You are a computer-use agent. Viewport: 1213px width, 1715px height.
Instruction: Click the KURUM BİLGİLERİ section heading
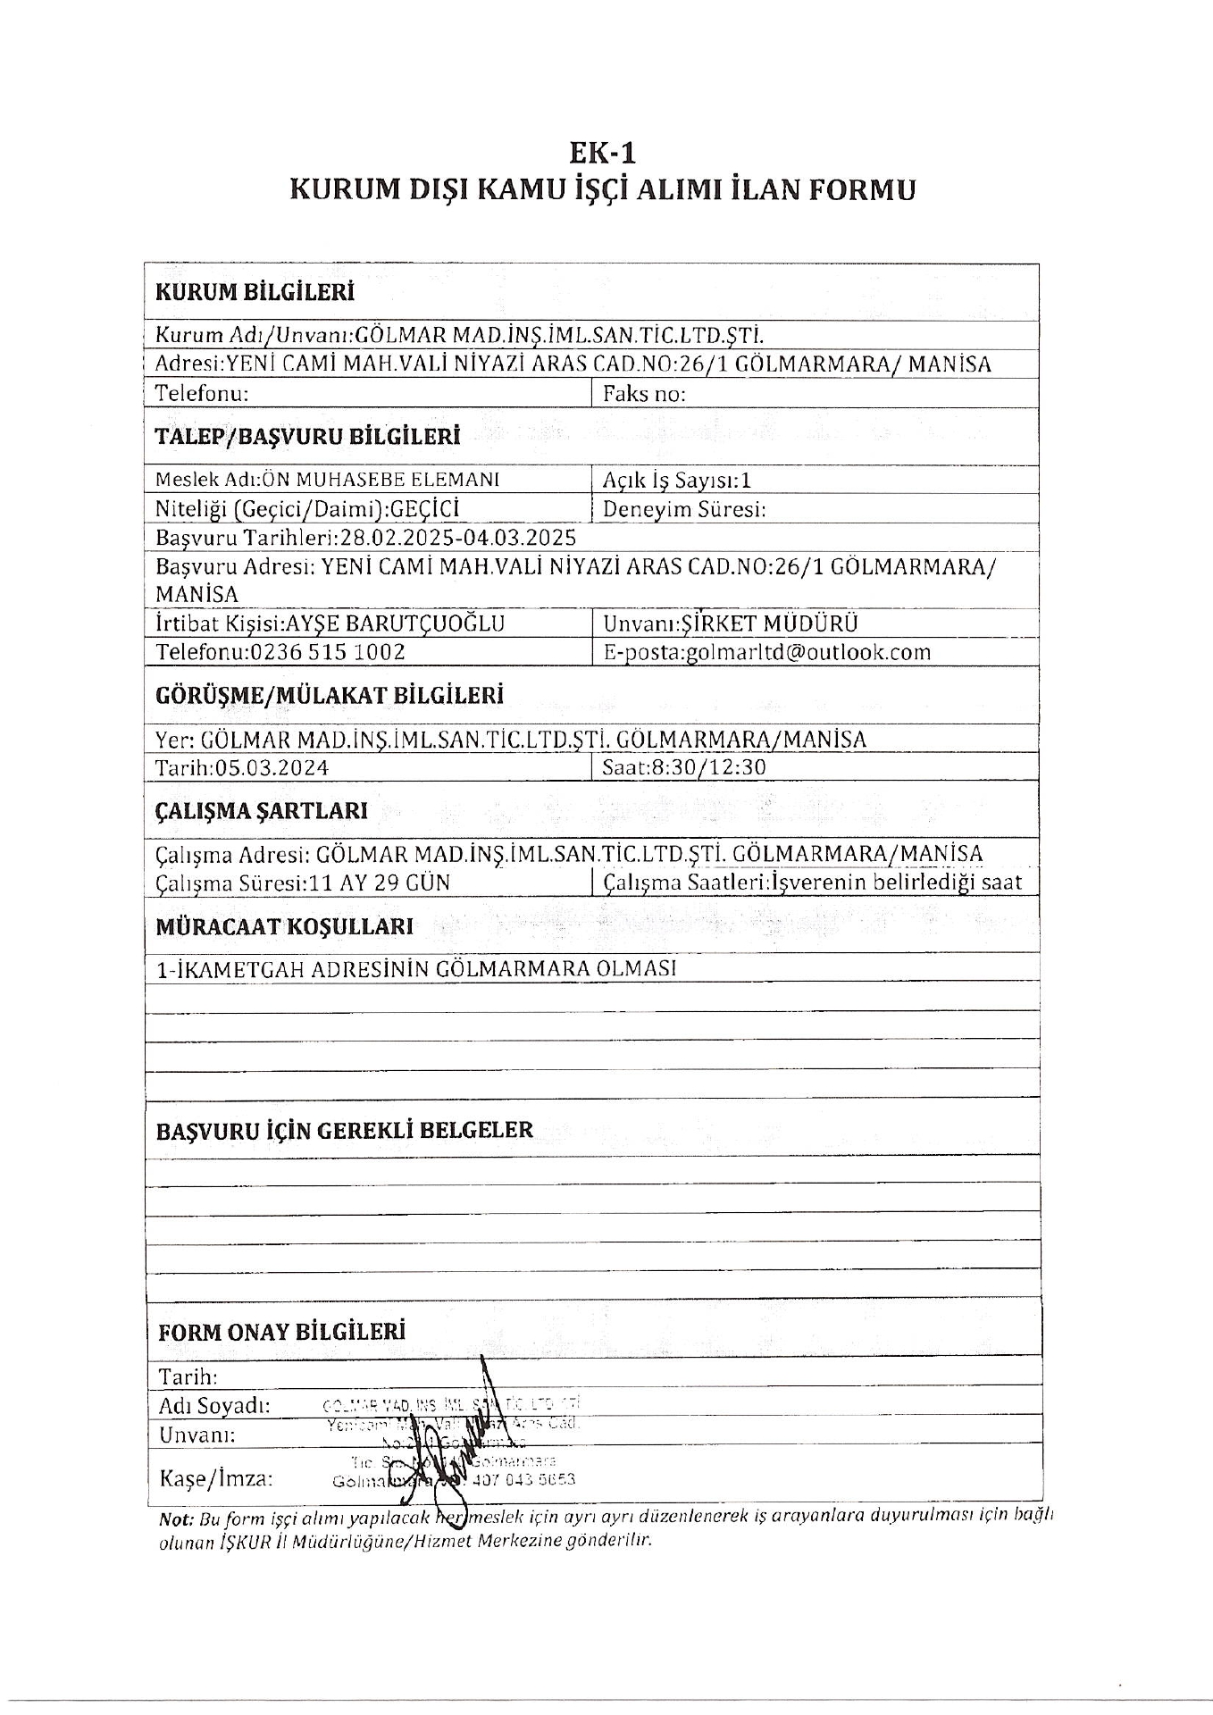(x=255, y=293)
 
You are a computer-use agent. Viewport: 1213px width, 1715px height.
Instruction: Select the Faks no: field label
(x=644, y=394)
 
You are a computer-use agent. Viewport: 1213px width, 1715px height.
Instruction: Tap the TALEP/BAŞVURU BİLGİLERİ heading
(x=307, y=437)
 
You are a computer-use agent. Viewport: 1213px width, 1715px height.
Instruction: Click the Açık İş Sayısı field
(x=676, y=481)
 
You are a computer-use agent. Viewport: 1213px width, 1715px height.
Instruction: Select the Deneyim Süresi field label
(x=685, y=510)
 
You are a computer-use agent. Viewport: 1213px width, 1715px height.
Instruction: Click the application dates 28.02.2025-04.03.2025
(x=455, y=538)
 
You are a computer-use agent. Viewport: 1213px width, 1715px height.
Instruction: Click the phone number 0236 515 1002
(x=328, y=652)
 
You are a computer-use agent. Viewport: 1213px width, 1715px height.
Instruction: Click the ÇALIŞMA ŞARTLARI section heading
(x=262, y=811)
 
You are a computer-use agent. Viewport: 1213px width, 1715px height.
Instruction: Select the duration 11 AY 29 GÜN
(x=379, y=883)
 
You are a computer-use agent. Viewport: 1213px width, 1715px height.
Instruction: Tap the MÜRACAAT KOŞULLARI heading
(x=284, y=926)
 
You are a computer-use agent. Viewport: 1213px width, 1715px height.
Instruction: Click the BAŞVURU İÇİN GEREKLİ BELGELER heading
(x=344, y=1130)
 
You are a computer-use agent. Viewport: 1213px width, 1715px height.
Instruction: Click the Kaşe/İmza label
(x=214, y=1478)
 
